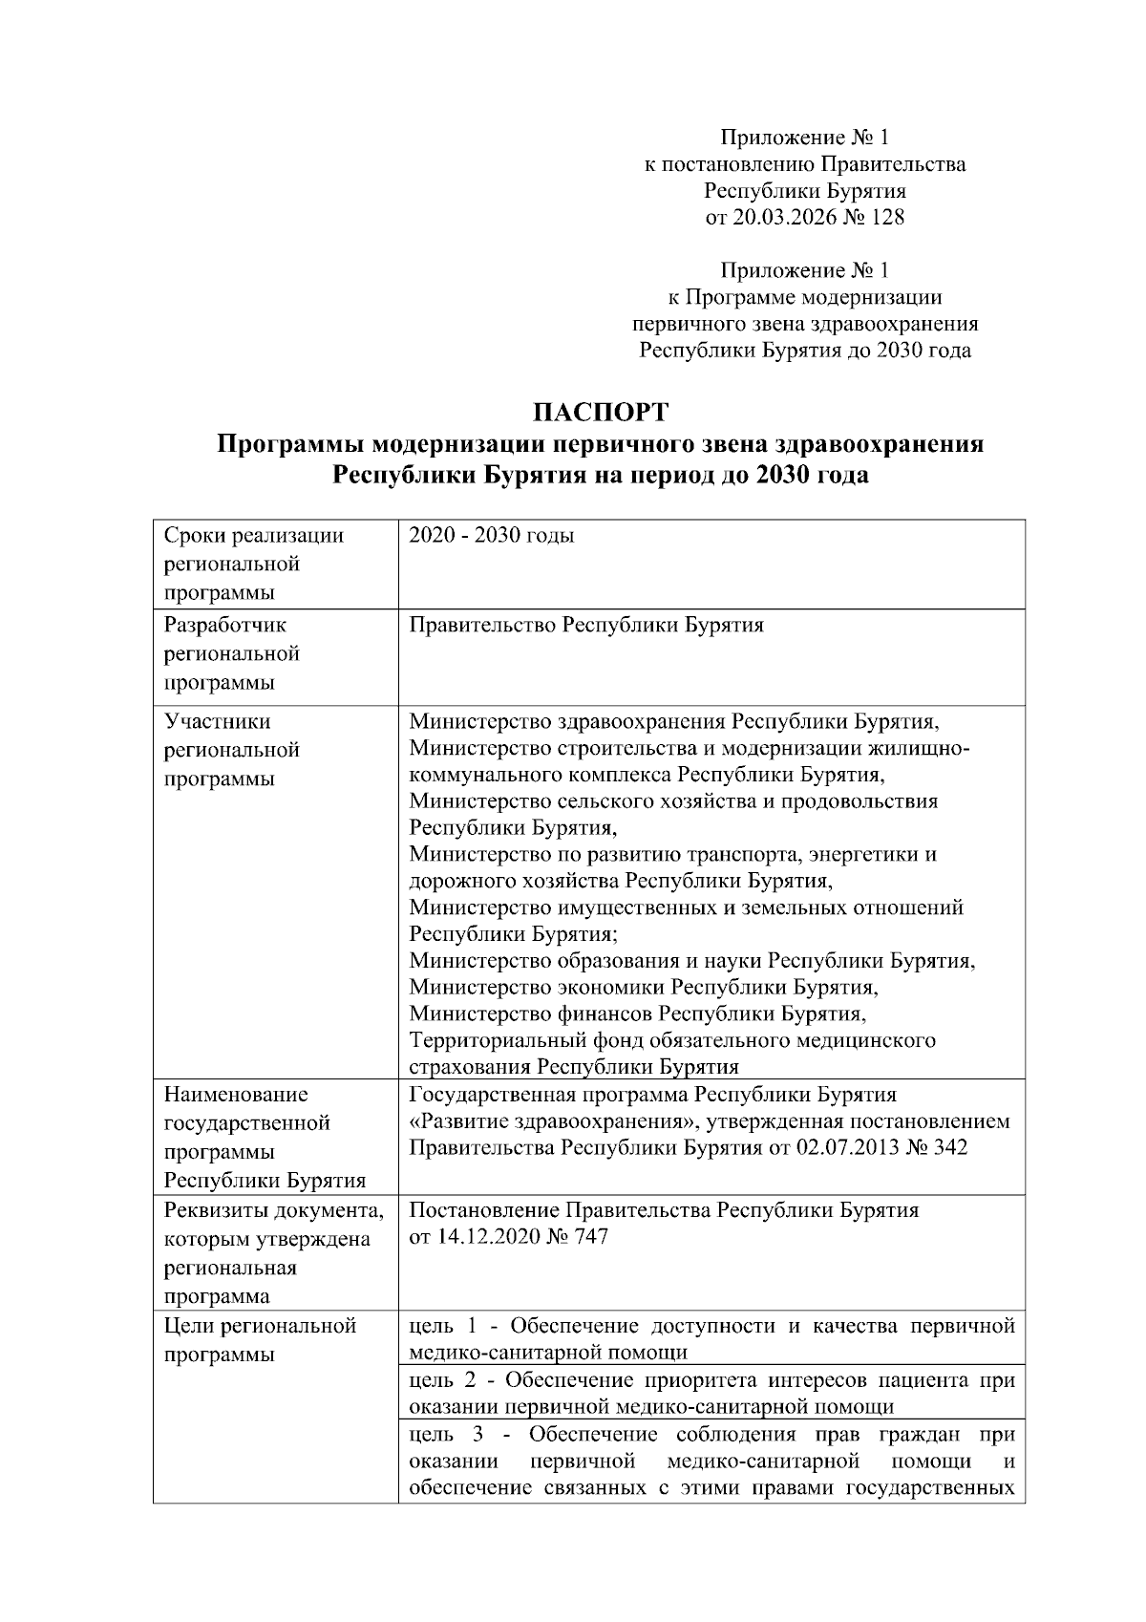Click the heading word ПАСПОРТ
(x=601, y=413)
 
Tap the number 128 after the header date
(x=888, y=218)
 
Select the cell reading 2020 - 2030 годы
(x=492, y=536)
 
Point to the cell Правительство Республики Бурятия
(x=585, y=626)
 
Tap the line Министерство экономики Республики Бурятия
(x=643, y=987)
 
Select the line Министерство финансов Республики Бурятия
(x=637, y=1013)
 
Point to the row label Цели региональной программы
(x=260, y=1340)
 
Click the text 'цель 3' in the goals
(x=447, y=1435)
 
